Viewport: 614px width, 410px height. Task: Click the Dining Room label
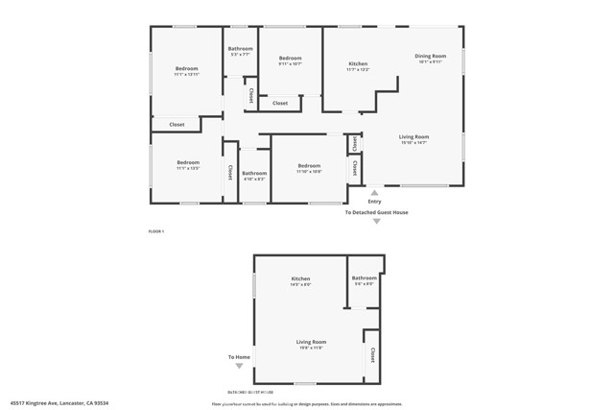pyautogui.click(x=431, y=56)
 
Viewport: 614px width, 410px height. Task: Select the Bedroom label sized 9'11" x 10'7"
pyautogui.click(x=290, y=59)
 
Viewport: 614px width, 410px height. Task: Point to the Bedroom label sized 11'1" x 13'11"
pyautogui.click(x=186, y=69)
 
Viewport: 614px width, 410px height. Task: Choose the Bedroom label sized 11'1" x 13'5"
pyautogui.click(x=187, y=163)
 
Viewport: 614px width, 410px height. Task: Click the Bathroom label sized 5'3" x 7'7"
pyautogui.click(x=240, y=49)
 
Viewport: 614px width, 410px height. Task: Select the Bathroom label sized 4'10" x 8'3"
pyautogui.click(x=254, y=174)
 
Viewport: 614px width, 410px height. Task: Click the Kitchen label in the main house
pyautogui.click(x=358, y=64)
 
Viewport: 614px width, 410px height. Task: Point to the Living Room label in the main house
pyautogui.click(x=414, y=137)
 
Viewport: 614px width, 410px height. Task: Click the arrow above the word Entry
pyautogui.click(x=374, y=192)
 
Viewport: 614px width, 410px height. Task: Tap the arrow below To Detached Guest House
pyautogui.click(x=376, y=222)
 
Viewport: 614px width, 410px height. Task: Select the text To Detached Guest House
pyautogui.click(x=376, y=212)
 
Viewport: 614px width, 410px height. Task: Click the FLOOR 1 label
pyautogui.click(x=156, y=231)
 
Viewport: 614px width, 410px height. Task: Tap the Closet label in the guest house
pyautogui.click(x=371, y=354)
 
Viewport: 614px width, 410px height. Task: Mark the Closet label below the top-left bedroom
pyautogui.click(x=177, y=124)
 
